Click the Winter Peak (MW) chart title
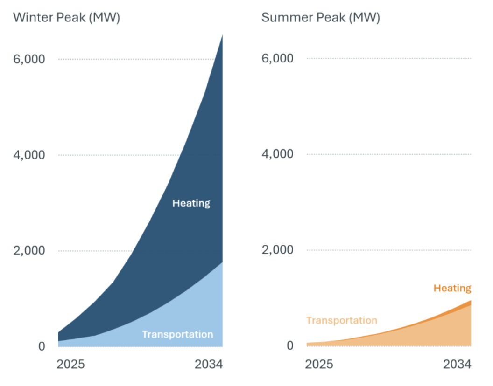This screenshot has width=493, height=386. pyautogui.click(x=67, y=18)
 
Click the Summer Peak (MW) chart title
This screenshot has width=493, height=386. pyautogui.click(x=321, y=18)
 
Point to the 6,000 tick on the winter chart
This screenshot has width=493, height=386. pyautogui.click(x=28, y=59)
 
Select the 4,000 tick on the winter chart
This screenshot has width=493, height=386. pyautogui.click(x=28, y=155)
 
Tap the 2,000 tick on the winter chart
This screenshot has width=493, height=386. pyautogui.click(x=28, y=250)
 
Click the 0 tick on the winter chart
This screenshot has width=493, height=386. pyautogui.click(x=41, y=346)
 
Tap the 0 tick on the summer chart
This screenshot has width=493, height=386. pyautogui.click(x=290, y=345)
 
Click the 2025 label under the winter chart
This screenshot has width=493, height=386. pyautogui.click(x=70, y=364)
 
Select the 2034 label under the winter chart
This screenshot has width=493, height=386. pyautogui.click(x=209, y=364)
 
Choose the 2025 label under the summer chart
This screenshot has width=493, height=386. pyautogui.click(x=319, y=364)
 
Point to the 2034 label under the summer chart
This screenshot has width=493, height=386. pyautogui.click(x=458, y=364)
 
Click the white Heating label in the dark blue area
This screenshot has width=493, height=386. pyautogui.click(x=191, y=203)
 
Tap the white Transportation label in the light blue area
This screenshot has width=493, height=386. pyautogui.click(x=177, y=334)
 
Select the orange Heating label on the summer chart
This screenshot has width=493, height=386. pyautogui.click(x=452, y=288)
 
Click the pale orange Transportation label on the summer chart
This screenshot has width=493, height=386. pyautogui.click(x=342, y=320)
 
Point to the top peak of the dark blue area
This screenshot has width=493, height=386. pyautogui.click(x=222, y=35)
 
